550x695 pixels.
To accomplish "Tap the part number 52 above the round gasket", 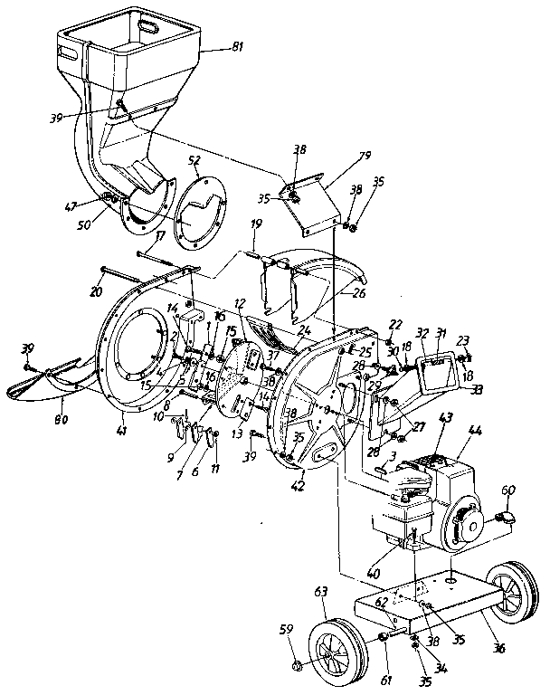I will (194, 159).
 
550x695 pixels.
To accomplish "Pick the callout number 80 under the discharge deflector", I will (61, 418).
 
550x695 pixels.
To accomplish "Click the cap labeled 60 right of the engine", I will (507, 518).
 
